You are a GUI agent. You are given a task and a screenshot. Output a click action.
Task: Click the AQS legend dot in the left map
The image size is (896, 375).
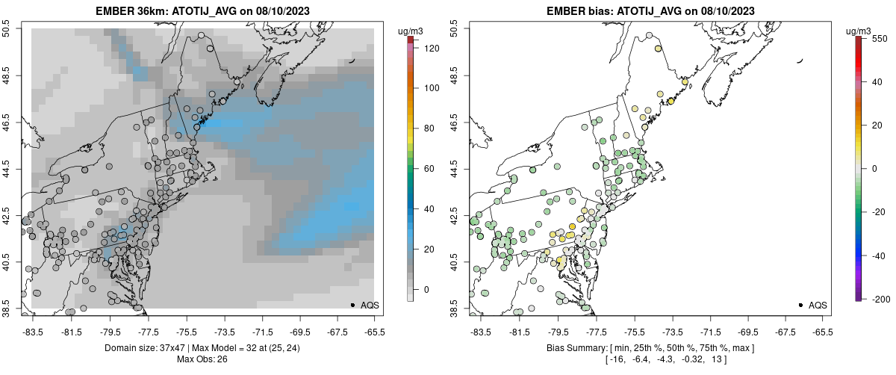pyautogui.click(x=352, y=305)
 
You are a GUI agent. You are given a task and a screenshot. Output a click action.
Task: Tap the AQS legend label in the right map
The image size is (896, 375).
pyautogui.click(x=818, y=305)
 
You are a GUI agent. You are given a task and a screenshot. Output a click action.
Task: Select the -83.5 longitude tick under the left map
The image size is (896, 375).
pyautogui.click(x=33, y=332)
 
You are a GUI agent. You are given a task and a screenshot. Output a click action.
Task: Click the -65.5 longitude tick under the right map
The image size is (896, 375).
pyautogui.click(x=822, y=332)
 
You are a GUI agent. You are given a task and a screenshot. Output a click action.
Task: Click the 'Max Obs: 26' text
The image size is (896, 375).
pyautogui.click(x=202, y=359)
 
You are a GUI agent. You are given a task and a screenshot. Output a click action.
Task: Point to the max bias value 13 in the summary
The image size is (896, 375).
pyautogui.click(x=719, y=359)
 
